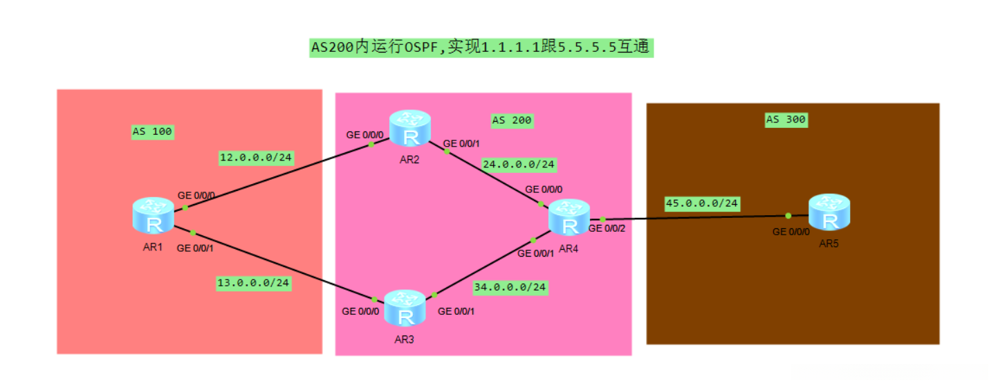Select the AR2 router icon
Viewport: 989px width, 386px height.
point(410,129)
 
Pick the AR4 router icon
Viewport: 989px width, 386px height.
point(569,218)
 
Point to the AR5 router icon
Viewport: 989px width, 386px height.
point(829,212)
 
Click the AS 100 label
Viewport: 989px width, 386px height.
point(152,131)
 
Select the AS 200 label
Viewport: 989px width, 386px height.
point(512,120)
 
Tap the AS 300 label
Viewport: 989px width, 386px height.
point(786,120)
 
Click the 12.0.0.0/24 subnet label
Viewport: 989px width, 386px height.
point(255,158)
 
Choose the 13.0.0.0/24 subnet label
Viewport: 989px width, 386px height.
point(253,282)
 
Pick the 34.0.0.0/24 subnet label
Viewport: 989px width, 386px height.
point(510,286)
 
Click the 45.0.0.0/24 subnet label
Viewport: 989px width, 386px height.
point(702,203)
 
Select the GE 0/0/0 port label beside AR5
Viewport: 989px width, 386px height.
point(792,231)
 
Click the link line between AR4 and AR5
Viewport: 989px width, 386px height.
point(692,218)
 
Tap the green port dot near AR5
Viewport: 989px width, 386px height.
point(788,216)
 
